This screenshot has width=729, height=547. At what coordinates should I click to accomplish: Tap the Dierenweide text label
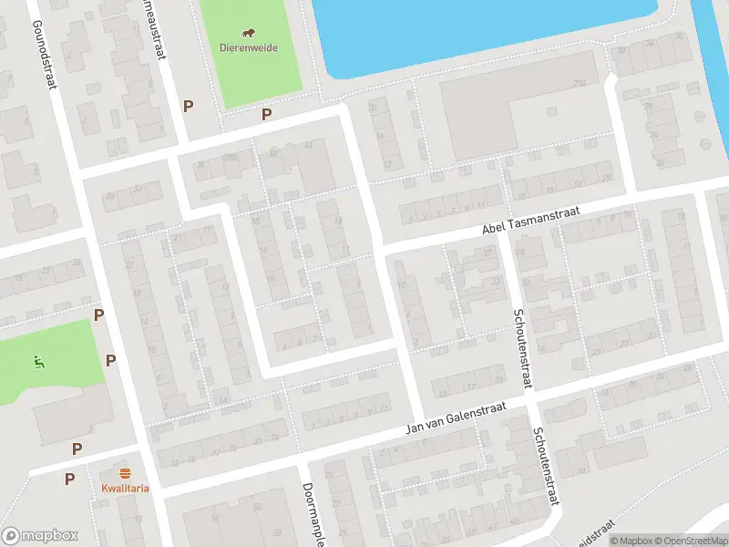click(x=249, y=47)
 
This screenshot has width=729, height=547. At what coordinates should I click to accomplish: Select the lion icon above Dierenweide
click(x=249, y=34)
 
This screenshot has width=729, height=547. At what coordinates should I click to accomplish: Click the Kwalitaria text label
click(x=125, y=487)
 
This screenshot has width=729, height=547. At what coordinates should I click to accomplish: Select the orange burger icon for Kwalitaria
click(x=125, y=472)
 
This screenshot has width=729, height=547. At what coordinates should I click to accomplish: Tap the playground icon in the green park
click(x=37, y=362)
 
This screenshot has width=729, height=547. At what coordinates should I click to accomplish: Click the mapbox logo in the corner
click(x=40, y=536)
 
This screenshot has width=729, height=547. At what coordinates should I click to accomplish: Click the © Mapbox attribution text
click(x=628, y=541)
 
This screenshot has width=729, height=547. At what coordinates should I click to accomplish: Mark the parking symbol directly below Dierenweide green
click(x=266, y=115)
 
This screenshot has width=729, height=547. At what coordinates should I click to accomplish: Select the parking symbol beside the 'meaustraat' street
click(x=188, y=106)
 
